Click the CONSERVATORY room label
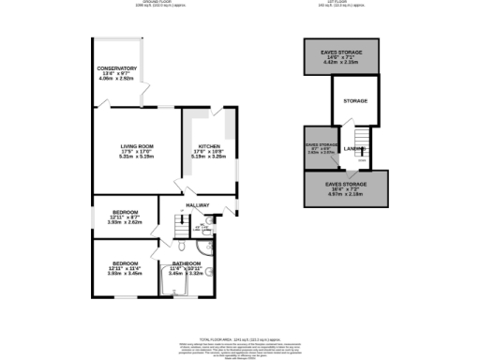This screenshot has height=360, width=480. click(x=117, y=68)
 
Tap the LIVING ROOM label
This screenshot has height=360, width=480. click(x=136, y=146)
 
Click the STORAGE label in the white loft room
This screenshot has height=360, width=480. click(x=355, y=100)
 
